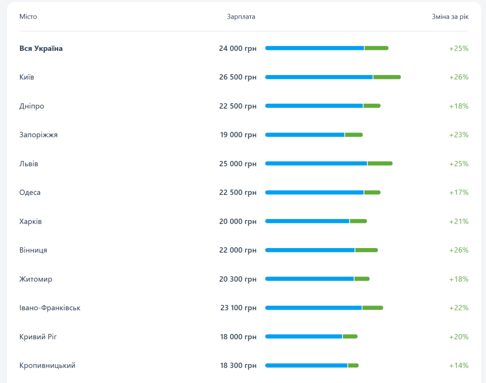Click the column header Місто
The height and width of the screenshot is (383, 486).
(28, 17)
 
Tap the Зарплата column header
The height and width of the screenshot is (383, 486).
(241, 17)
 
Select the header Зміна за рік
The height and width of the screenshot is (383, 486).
(450, 17)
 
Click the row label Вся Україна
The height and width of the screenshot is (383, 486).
(41, 48)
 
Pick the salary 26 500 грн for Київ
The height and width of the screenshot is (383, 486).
(238, 77)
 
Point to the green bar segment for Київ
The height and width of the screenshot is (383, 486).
(387, 77)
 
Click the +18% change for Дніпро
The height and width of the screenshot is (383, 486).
(459, 106)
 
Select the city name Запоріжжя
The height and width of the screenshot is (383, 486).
(38, 135)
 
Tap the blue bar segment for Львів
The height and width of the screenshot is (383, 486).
(316, 163)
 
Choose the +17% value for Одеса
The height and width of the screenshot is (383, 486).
(459, 192)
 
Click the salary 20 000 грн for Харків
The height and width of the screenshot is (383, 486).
(238, 221)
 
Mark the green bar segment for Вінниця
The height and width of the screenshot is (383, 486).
(366, 250)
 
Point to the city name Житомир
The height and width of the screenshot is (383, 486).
(36, 279)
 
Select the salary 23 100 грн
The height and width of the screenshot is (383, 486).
(238, 308)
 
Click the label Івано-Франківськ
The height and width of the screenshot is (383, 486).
(50, 308)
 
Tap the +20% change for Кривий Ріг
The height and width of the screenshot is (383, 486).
(459, 337)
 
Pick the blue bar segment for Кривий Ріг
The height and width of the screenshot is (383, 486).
(304, 336)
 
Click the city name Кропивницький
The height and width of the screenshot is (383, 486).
(47, 365)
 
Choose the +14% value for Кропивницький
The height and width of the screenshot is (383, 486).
(459, 365)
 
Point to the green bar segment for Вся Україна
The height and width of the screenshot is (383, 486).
(376, 48)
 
